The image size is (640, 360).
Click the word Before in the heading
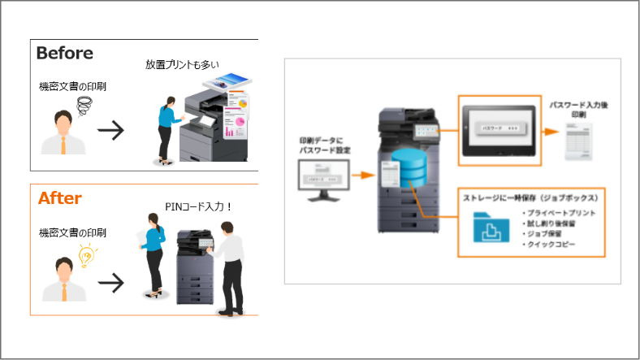click(x=64, y=54)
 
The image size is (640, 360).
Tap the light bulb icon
click(x=85, y=256)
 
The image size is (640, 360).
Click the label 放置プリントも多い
click(x=182, y=64)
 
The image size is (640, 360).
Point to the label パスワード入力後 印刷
click(x=580, y=110)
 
